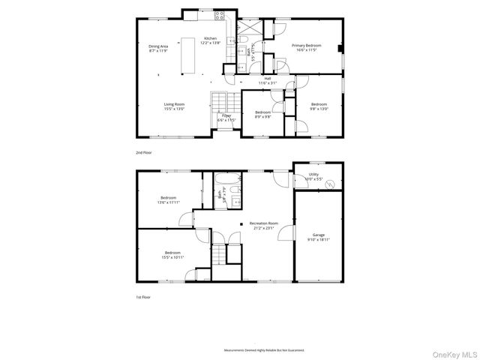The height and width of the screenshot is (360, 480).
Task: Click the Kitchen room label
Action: [211, 40]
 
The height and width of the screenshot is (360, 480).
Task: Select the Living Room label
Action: [175, 106]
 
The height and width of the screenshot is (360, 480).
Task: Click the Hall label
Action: [267, 80]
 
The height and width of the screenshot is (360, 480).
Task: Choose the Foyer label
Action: [226, 118]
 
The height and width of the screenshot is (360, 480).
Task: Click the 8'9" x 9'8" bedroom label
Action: [262, 115]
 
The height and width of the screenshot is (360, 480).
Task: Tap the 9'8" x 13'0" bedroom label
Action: [319, 106]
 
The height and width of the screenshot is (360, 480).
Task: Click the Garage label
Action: [319, 238]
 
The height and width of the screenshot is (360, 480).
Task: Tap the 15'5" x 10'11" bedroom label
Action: [172, 255]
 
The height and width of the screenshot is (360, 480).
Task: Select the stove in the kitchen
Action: [220, 15]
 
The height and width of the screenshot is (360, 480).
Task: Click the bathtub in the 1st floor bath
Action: [226, 181]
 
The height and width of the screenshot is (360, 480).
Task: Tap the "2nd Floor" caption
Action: [143, 152]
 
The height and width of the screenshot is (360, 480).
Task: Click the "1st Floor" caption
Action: [143, 297]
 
